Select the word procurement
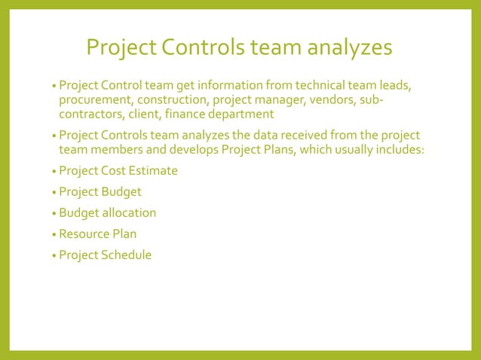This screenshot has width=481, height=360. tap(94, 99)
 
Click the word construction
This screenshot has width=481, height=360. tap(174, 99)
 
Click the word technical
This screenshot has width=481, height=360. tap(310, 85)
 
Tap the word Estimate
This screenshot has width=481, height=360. tap(152, 171)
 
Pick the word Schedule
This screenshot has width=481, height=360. tap(126, 255)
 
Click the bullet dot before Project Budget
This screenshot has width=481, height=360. tap(54, 193)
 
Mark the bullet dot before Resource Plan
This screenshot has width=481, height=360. tap(54, 235)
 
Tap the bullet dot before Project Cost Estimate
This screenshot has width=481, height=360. tap(54, 172)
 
